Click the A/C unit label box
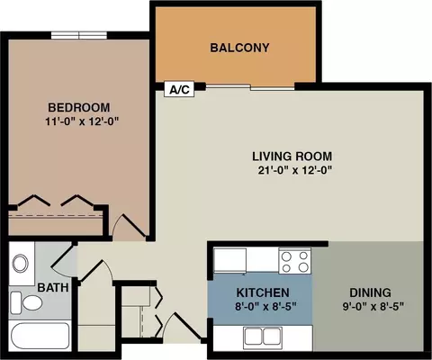coord(179,89)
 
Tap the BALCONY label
coord(239,48)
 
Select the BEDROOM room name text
coord(79,107)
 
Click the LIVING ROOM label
coord(292,157)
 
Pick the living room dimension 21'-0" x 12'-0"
coord(295,170)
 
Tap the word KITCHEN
coord(263,292)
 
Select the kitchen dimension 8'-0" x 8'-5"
coord(265,307)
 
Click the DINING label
coord(370,292)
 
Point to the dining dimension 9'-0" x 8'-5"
coord(373,307)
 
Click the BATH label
coord(53,288)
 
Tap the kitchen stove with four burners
coord(294,261)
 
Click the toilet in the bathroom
coord(26,302)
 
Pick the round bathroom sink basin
coord(21,264)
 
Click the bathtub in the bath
coord(40,336)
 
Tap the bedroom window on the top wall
coord(79,35)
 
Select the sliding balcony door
coord(250,87)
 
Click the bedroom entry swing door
coord(129,226)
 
